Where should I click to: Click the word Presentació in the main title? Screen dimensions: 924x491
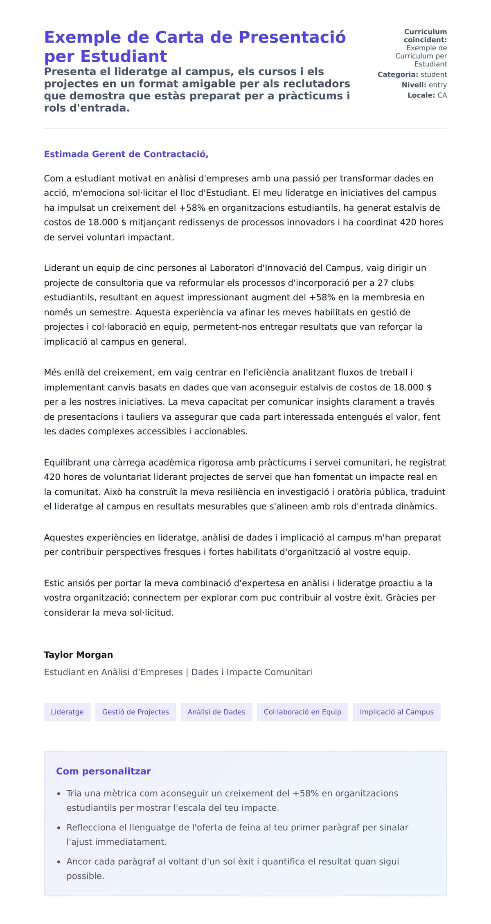pyautogui.click(x=292, y=37)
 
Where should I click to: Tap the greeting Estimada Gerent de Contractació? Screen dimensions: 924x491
pyautogui.click(x=126, y=154)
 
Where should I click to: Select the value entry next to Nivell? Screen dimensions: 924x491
pyautogui.click(x=437, y=85)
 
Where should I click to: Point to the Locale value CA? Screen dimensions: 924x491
pyautogui.click(x=442, y=95)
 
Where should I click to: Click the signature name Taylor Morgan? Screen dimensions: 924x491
pyautogui.click(x=78, y=655)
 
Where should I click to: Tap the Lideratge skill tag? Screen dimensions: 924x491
pyautogui.click(x=67, y=712)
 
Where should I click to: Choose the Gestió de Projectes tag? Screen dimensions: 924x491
pyautogui.click(x=135, y=712)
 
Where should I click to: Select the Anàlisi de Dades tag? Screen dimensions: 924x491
pyautogui.click(x=216, y=712)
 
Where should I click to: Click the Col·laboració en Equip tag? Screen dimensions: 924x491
pyautogui.click(x=302, y=712)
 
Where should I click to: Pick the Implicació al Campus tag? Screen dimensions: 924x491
pyautogui.click(x=396, y=712)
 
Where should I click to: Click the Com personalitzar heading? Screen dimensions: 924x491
pyautogui.click(x=104, y=771)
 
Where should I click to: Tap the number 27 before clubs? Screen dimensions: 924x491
pyautogui.click(x=383, y=283)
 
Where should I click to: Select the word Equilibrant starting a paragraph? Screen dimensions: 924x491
pyautogui.click(x=68, y=463)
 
